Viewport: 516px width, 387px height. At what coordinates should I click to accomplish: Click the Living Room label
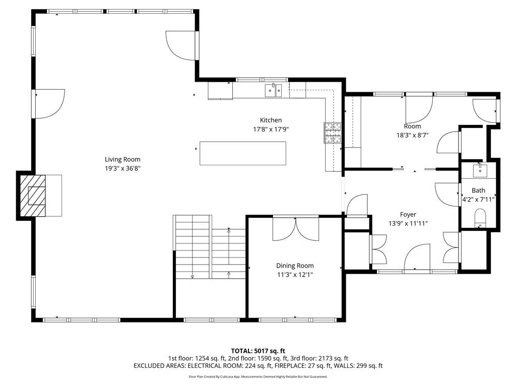click(122, 159)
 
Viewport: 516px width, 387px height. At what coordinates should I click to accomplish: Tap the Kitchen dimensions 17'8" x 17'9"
click(271, 130)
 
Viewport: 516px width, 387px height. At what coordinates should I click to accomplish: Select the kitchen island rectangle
click(243, 153)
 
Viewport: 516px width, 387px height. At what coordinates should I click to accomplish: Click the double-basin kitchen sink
click(274, 91)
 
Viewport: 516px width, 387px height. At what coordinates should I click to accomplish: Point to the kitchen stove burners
click(333, 133)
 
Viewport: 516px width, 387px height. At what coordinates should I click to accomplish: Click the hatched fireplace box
click(33, 196)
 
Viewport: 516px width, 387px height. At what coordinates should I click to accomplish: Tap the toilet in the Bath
click(480, 218)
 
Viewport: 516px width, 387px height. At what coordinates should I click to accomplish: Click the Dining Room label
click(295, 266)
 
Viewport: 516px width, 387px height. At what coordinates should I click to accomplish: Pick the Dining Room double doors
click(295, 229)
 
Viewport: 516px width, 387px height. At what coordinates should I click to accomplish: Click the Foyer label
click(408, 215)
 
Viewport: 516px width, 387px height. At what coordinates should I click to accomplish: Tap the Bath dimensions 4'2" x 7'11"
click(479, 200)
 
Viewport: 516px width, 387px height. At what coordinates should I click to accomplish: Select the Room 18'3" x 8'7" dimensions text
click(412, 135)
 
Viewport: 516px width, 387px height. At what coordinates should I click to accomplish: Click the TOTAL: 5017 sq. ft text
click(258, 351)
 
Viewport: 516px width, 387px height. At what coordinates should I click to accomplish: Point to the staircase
click(210, 247)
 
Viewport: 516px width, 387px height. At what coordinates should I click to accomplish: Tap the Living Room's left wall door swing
click(50, 104)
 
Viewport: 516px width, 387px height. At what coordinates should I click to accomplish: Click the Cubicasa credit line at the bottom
click(258, 376)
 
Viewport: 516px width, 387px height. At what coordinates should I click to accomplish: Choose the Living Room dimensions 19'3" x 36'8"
click(123, 168)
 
